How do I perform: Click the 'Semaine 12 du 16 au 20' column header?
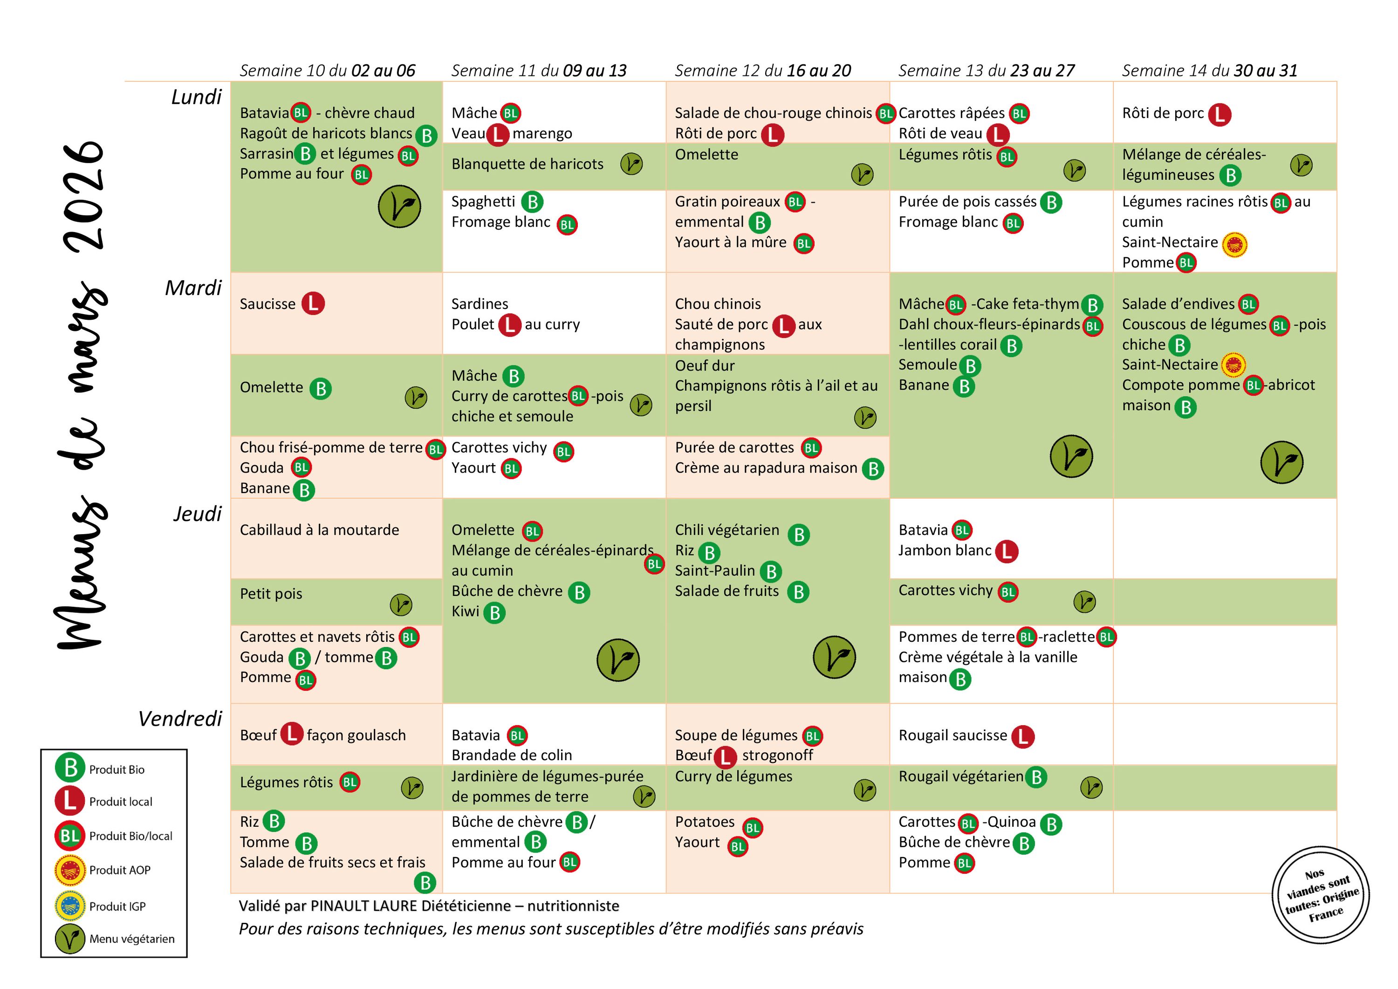pos(762,71)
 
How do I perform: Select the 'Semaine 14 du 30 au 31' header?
pos(1209,71)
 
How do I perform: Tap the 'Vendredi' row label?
pos(180,719)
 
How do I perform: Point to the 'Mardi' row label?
pos(194,288)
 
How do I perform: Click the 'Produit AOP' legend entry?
pos(119,870)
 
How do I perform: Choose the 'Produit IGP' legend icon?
pos(70,906)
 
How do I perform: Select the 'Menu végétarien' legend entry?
pos(131,939)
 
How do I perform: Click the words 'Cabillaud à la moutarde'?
pos(319,530)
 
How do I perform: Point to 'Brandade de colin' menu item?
pos(512,755)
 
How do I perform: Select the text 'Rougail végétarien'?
pos(961,776)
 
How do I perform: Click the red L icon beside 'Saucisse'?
pos(313,303)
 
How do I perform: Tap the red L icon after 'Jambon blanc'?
pos(1007,551)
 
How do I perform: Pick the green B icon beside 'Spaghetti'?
pos(532,202)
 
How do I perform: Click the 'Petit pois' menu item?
pos(271,594)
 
